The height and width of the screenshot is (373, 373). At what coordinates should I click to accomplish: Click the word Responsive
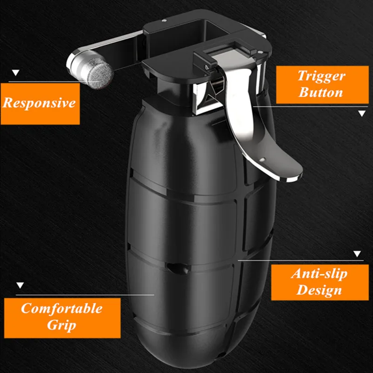[39, 103]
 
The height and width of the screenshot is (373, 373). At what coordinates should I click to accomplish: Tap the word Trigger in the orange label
[321, 76]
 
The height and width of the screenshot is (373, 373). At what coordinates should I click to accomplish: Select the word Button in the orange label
[321, 92]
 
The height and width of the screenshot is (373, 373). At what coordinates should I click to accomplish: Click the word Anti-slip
[319, 274]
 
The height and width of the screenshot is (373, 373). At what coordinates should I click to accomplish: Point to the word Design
[319, 290]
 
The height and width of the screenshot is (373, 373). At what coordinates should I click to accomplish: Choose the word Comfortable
[62, 308]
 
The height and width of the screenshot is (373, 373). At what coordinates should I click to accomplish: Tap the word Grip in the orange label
[62, 325]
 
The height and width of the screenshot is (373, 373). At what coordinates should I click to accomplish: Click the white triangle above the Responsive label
[16, 73]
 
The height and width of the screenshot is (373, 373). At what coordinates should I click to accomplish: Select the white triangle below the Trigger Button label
[362, 113]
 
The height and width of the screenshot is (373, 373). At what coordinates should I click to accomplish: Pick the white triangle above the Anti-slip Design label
[357, 254]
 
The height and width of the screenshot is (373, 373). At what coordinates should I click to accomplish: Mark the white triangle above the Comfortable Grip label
[20, 285]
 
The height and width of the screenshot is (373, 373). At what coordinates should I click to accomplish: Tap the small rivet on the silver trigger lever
[262, 159]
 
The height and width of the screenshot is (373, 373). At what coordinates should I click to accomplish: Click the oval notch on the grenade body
[179, 268]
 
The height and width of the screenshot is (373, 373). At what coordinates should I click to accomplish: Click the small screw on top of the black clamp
[164, 21]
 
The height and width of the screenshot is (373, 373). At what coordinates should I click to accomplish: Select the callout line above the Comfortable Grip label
[85, 295]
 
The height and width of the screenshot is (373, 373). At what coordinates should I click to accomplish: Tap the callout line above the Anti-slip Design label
[301, 261]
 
